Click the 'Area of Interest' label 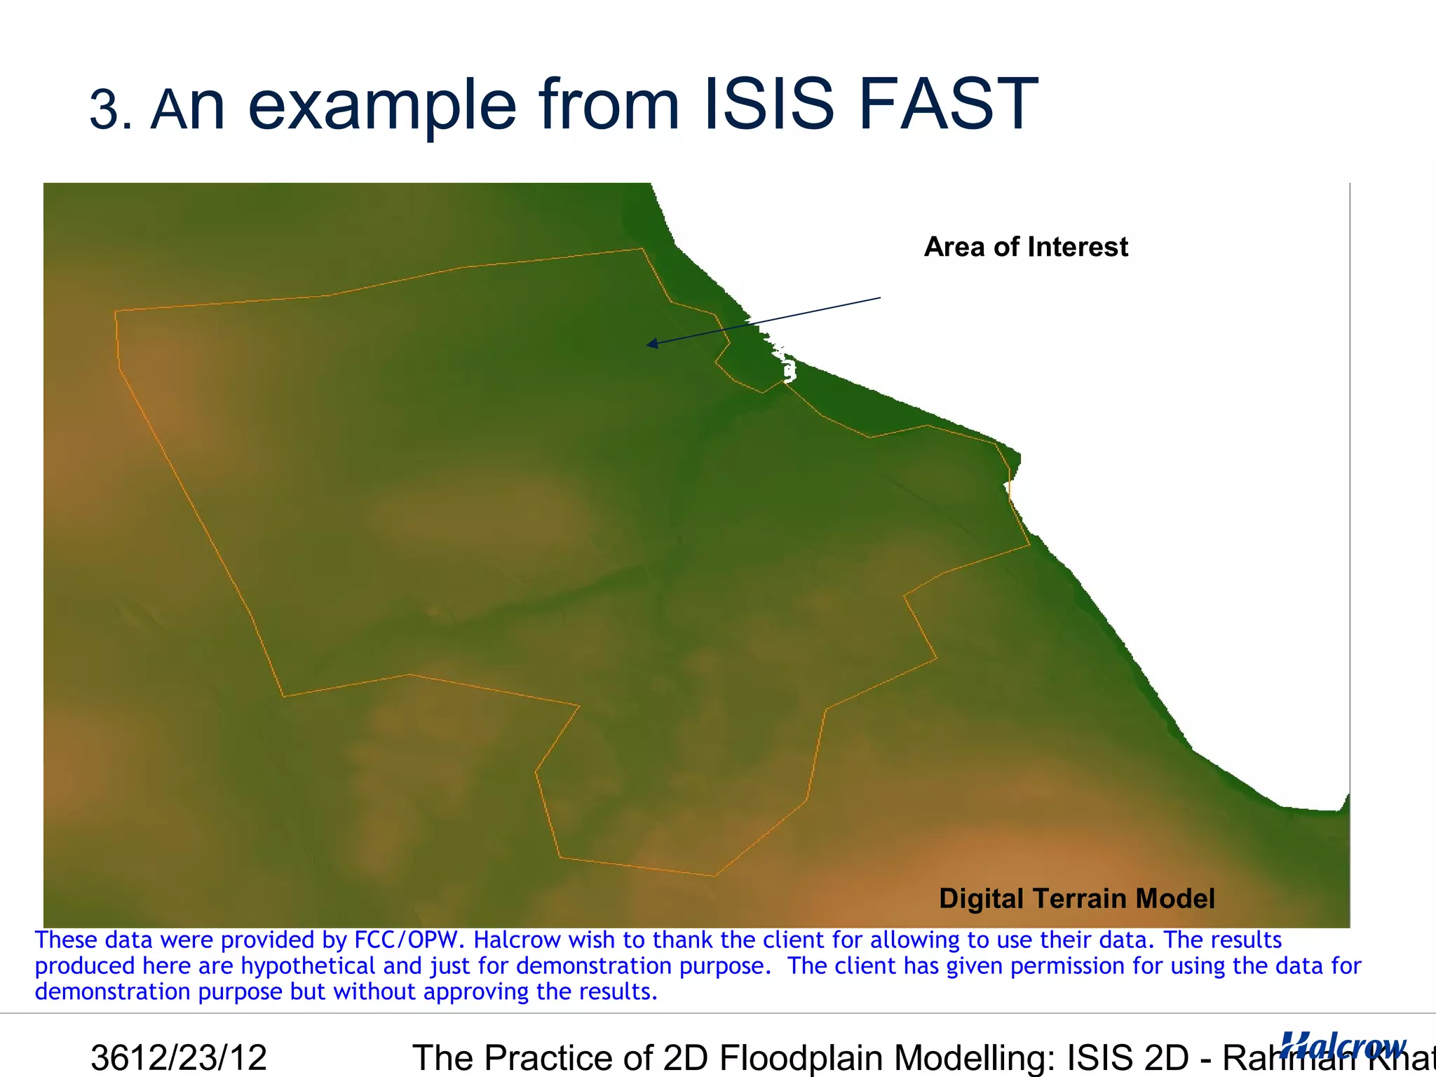(1026, 247)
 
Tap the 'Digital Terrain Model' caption (1076, 898)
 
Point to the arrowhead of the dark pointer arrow (651, 344)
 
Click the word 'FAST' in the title (948, 105)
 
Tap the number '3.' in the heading (111, 110)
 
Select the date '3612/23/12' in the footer (179, 1057)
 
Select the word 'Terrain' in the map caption (1079, 898)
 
